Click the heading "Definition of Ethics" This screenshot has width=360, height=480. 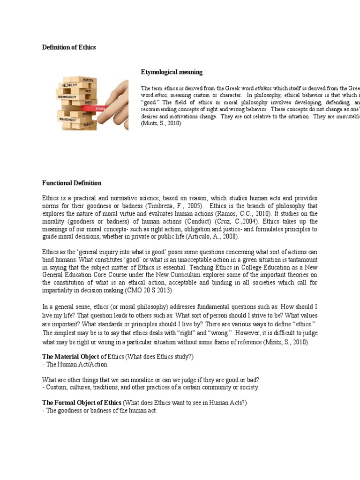pyautogui.click(x=69, y=47)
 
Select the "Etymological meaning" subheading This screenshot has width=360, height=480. pyautogui.click(x=172, y=72)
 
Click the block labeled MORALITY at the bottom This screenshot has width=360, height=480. pyautogui.click(x=88, y=125)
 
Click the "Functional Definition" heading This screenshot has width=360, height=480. pyautogui.click(x=72, y=183)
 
